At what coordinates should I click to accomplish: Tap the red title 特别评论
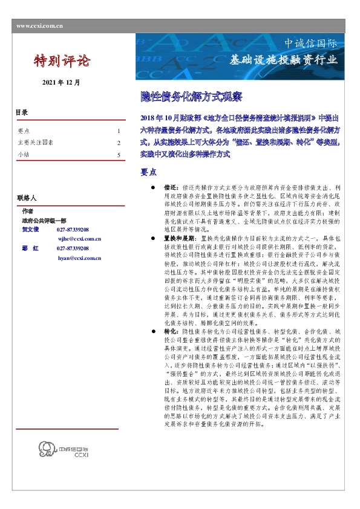click(62, 61)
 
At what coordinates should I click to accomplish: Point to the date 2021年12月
click(61, 82)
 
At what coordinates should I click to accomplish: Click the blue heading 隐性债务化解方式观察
click(183, 96)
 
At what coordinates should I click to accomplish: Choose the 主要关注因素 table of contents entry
click(36, 143)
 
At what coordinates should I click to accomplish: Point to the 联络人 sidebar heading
click(27, 198)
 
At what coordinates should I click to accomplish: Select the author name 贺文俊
click(30, 230)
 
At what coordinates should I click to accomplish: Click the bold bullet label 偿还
click(170, 189)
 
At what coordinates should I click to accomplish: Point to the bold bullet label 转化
click(170, 332)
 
